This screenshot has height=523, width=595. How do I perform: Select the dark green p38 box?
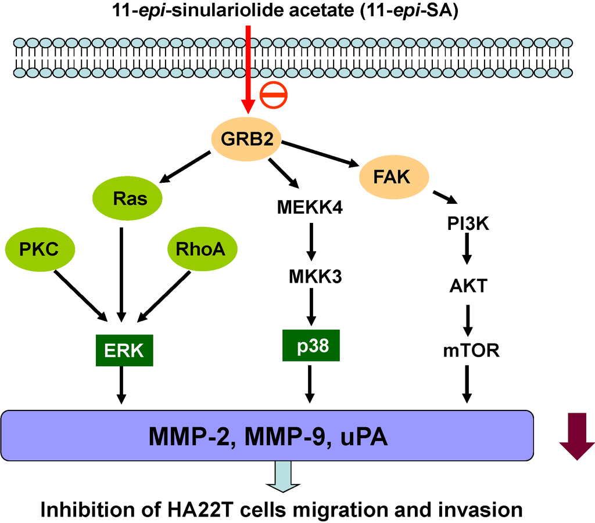310,346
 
